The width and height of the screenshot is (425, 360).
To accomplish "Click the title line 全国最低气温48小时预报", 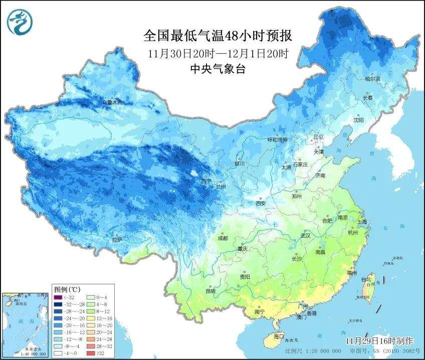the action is [x=217, y=36].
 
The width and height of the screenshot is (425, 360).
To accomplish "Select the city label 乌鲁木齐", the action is [x=112, y=102].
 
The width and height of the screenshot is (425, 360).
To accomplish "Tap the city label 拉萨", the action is [x=117, y=240].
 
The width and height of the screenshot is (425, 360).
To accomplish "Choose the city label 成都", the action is [x=223, y=238].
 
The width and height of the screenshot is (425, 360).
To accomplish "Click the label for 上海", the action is [x=361, y=221].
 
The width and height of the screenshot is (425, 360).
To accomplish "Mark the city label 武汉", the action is [x=305, y=235].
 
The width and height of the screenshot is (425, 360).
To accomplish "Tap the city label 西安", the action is [x=261, y=203].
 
